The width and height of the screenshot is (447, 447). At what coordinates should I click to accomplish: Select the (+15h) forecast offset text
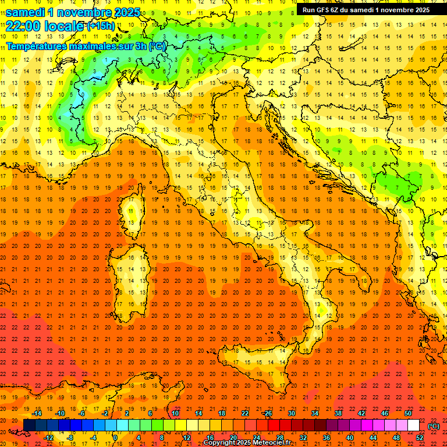pos(101,26)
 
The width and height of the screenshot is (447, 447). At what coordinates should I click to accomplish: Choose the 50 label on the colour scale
pos(408,413)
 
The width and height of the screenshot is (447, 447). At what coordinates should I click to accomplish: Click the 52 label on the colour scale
pos(420,437)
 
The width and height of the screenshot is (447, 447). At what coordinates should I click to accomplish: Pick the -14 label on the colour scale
pos(36,413)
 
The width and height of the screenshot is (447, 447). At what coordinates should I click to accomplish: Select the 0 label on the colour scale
pos(116,437)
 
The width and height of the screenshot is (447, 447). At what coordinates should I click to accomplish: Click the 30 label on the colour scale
pos(292,413)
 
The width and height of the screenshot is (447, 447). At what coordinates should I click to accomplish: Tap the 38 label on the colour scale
pos(338,413)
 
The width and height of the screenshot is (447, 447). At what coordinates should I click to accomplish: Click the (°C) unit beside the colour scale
pos(434,425)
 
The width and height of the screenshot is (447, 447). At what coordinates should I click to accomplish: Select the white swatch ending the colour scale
pos(414,425)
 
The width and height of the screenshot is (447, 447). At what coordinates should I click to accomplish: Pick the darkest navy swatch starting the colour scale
pos(29,425)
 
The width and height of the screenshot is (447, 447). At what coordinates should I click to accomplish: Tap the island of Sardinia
pos(130,274)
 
